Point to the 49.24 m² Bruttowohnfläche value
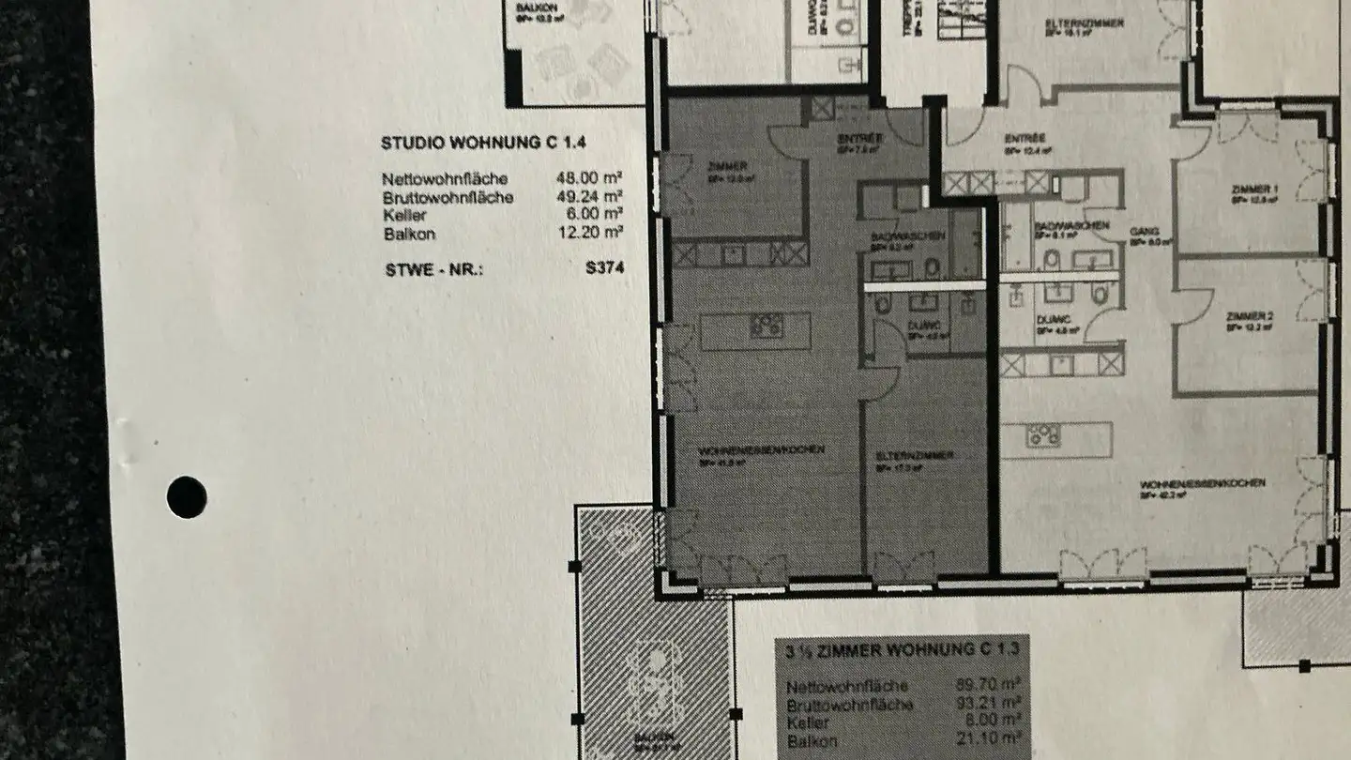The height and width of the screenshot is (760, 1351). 589,197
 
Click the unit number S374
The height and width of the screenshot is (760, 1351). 604,267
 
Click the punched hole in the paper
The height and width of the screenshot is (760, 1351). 187,496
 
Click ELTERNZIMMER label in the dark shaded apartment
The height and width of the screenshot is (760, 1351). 914,455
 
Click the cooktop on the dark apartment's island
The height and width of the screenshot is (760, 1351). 767,326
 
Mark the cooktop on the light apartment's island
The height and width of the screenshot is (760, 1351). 1042,435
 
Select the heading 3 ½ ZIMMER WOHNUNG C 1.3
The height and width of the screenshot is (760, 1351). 898,648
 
